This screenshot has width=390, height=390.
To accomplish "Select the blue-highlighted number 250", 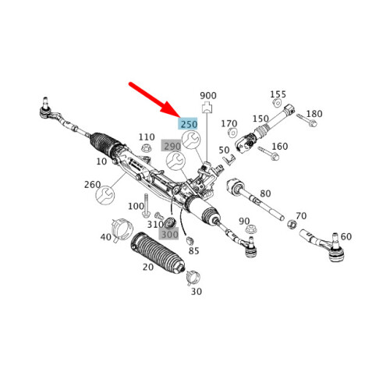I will coord(188,123).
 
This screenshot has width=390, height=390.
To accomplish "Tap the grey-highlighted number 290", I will coord(172,146).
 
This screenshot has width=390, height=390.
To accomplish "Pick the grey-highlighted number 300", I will coord(169,233).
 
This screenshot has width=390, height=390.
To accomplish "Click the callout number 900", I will coord(207,94).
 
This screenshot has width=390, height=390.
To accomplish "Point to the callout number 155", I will coord(278,94).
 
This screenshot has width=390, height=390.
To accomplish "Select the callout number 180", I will coord(314,115).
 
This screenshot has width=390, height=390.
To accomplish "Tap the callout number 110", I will coord(147,137).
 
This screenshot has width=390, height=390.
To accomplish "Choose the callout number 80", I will coord(265,193).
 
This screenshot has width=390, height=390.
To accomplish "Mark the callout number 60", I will coord(346,236).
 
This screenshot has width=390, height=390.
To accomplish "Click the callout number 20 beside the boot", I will coord(148,267).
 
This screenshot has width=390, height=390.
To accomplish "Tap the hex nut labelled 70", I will coord(291,225).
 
